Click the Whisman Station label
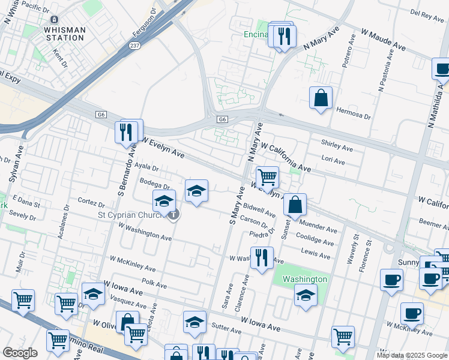tap(64, 34)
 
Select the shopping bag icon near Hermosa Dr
tap(321, 98)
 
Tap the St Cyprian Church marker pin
tap(173, 214)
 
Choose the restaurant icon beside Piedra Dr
tap(261, 258)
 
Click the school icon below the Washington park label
tap(306, 295)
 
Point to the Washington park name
tap(304, 279)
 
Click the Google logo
tap(20, 353)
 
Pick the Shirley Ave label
tap(337, 146)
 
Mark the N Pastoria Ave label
tap(385, 69)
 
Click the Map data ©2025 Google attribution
tap(412, 355)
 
